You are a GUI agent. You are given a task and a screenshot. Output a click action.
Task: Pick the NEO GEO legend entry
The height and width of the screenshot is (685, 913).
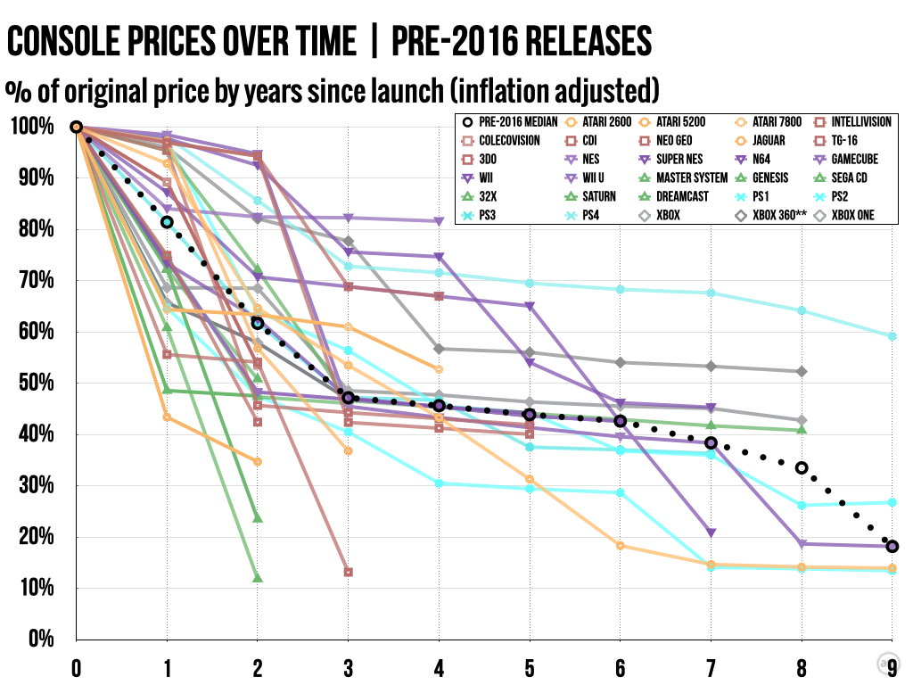tap(687, 140)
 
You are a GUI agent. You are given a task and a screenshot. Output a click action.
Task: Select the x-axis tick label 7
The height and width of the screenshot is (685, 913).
tap(711, 667)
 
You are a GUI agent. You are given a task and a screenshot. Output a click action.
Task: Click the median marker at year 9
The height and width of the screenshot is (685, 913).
tap(892, 547)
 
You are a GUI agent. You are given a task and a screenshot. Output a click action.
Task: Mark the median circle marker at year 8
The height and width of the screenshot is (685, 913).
tap(802, 468)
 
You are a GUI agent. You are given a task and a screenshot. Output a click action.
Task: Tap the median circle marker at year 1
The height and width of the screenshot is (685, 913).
tap(167, 222)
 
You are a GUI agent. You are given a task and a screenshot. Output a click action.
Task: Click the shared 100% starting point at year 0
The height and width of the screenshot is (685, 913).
tap(77, 128)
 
